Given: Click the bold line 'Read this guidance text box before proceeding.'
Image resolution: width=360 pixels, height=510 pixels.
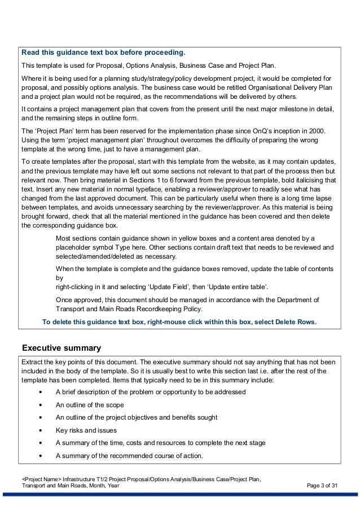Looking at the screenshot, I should pyautogui.click(x=103, y=53).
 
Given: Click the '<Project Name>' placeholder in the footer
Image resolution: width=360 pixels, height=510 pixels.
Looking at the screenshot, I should pyautogui.click(x=41, y=478).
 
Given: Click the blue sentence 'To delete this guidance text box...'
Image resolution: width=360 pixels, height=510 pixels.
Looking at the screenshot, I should pyautogui.click(x=179, y=322).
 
